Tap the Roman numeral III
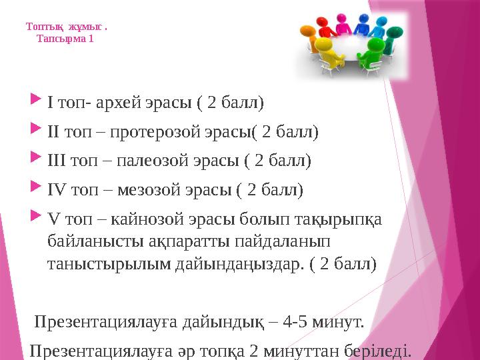(x=57, y=161)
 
